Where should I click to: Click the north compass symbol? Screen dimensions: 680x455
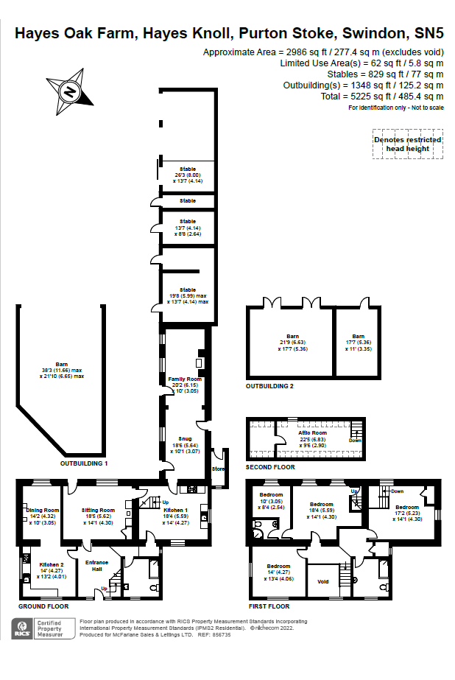(70, 92)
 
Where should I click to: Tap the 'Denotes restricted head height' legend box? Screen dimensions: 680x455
(407, 144)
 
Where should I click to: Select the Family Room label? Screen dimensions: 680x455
(179, 379)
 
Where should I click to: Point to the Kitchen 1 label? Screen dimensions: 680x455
(176, 510)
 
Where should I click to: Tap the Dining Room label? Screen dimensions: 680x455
(42, 510)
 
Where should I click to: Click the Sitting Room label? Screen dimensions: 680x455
(97, 510)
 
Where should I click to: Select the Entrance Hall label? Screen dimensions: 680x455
(98, 566)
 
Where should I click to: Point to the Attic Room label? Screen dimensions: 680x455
(312, 434)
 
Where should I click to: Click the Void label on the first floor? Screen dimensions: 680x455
(322, 581)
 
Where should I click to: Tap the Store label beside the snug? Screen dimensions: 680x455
(217, 468)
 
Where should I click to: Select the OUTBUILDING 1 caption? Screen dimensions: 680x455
(84, 463)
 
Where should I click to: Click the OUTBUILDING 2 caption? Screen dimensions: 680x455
(269, 386)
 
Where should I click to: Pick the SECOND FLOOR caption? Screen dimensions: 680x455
(270, 467)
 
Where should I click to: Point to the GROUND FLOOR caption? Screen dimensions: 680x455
(43, 606)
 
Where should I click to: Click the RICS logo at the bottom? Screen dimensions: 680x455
(22, 628)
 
